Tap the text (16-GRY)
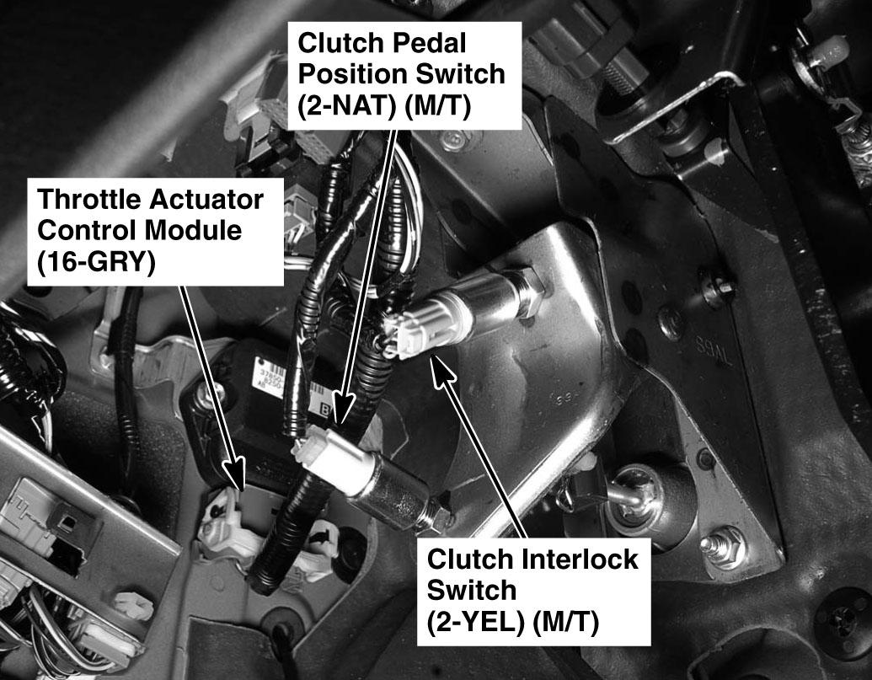pyautogui.click(x=96, y=262)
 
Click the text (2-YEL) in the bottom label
pyautogui.click(x=476, y=622)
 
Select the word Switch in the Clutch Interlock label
pyautogui.click(x=472, y=590)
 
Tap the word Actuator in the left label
pyautogui.click(x=207, y=200)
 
